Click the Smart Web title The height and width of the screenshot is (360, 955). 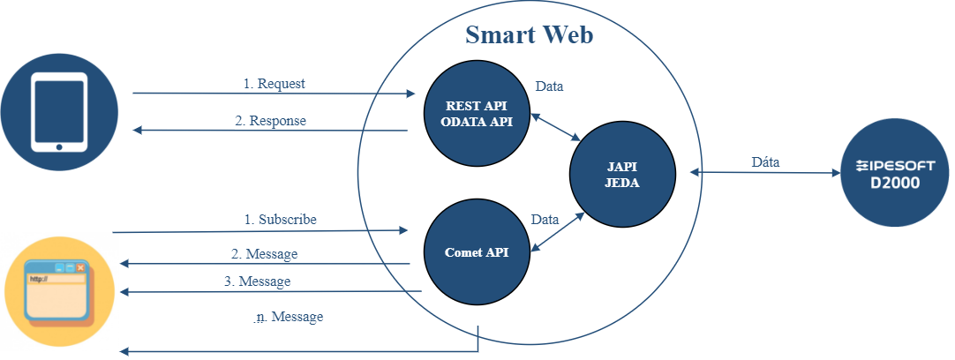529,35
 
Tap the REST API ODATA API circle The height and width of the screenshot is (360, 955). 477,114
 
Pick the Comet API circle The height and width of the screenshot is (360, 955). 477,252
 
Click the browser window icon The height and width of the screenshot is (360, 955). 59,290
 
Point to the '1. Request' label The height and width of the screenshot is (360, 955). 274,84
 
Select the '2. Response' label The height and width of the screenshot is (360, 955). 270,121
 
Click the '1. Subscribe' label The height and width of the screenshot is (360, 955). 281,218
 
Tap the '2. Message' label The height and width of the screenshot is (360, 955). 264,254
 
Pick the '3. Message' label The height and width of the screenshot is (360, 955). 257,281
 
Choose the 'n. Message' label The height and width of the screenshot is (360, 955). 289,316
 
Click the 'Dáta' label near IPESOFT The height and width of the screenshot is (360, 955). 764,162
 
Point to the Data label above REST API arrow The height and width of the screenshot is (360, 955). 550,86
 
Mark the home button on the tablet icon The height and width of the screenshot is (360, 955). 59,145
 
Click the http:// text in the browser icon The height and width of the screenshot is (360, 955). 39,279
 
